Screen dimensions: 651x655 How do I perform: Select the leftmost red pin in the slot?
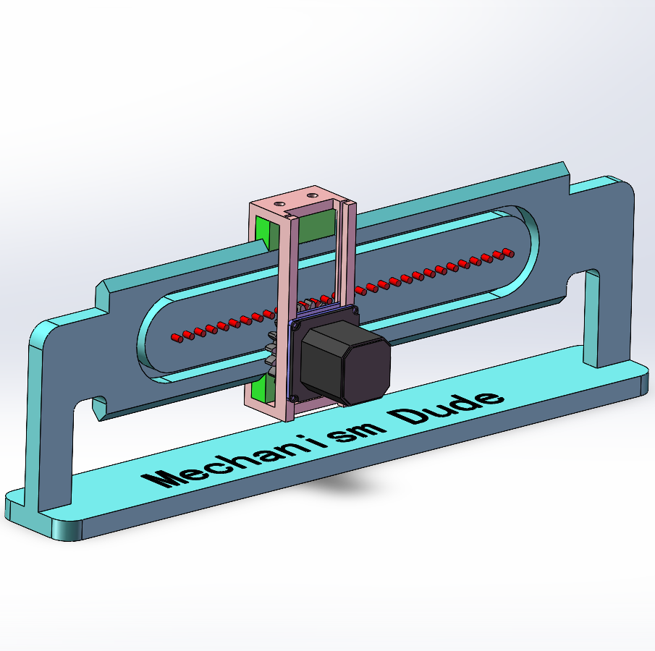coord(176,336)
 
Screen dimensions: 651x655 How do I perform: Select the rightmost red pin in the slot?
coord(507,252)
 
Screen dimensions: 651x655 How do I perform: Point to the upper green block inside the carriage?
coord(313,226)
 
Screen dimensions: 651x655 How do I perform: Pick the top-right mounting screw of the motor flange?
coord(355,310)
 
